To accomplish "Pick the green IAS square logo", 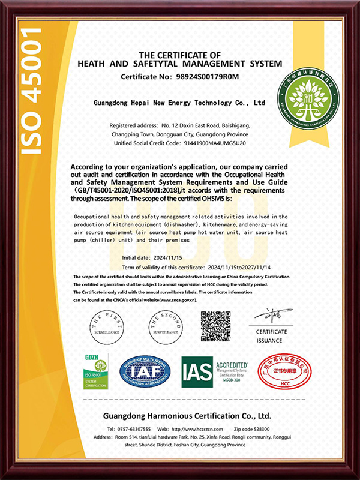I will point(197,373).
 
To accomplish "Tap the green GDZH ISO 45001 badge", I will point(95,373).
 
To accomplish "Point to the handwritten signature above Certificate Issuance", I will point(271,316).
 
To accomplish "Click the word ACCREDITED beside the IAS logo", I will point(232,364).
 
